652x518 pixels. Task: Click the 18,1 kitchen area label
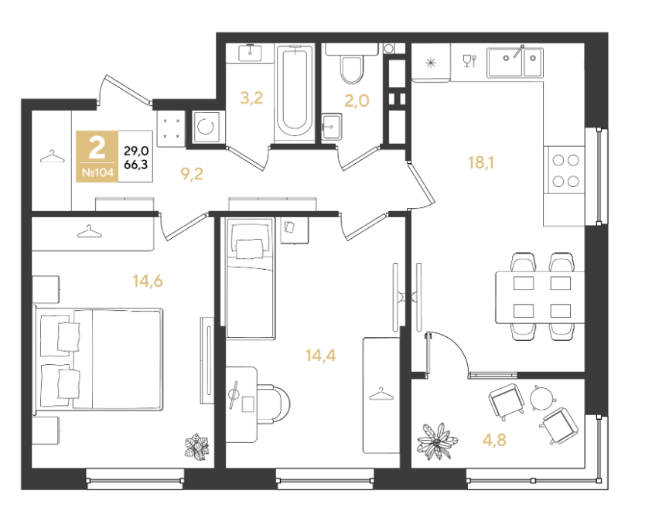pyautogui.click(x=481, y=162)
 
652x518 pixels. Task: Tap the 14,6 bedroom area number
pyautogui.click(x=148, y=281)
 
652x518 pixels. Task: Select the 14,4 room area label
pyautogui.click(x=321, y=356)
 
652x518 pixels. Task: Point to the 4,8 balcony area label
pyautogui.click(x=494, y=439)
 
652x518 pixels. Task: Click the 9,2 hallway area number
pyautogui.click(x=192, y=174)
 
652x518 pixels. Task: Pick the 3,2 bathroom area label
pyautogui.click(x=251, y=98)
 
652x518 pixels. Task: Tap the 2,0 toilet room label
pyautogui.click(x=357, y=101)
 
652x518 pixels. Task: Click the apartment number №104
pyautogui.click(x=97, y=172)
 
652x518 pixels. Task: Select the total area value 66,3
pyautogui.click(x=136, y=164)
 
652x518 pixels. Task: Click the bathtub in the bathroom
pyautogui.click(x=295, y=91)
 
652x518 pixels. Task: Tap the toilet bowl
pyautogui.click(x=352, y=69)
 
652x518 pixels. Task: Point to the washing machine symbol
pyautogui.click(x=207, y=127)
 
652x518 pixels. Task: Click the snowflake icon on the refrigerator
pyautogui.click(x=431, y=63)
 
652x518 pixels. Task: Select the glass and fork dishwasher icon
pyautogui.click(x=469, y=61)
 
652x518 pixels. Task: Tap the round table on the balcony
pyautogui.click(x=542, y=398)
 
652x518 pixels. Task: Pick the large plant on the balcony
pyautogui.click(x=437, y=441)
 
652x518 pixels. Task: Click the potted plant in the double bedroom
pyautogui.click(x=196, y=447)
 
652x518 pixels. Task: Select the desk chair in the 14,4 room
pyautogui.click(x=273, y=404)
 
